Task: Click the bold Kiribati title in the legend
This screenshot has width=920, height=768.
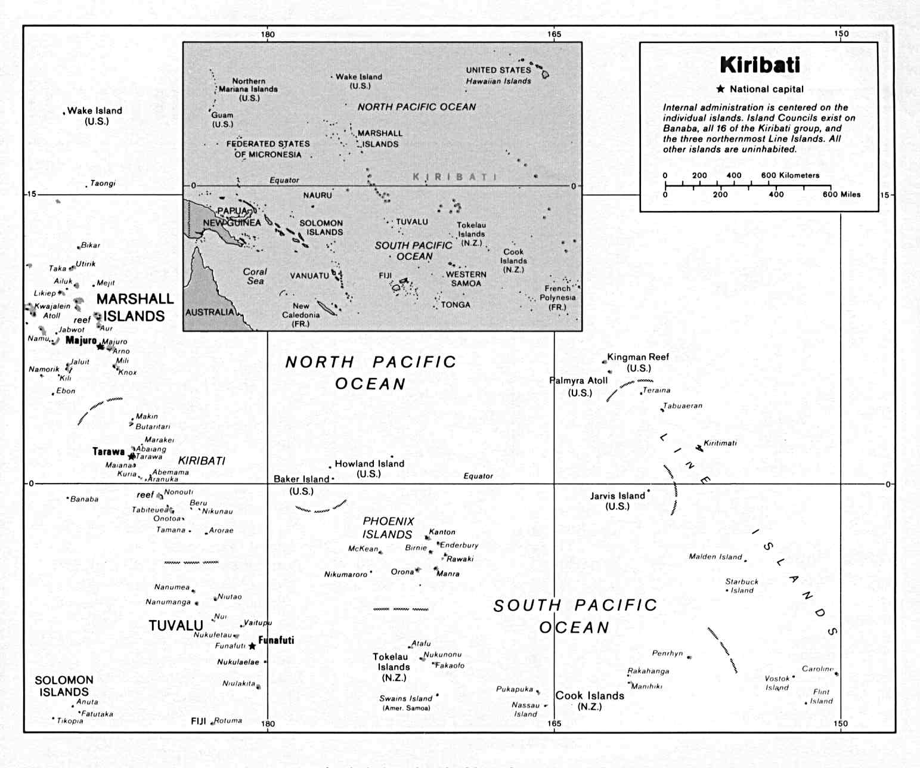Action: tap(760, 65)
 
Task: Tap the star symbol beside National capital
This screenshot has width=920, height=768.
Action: tap(720, 89)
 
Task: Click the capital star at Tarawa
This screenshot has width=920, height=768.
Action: tap(132, 456)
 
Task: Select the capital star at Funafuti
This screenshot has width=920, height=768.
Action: tap(252, 646)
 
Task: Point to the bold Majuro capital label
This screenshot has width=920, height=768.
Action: tap(81, 340)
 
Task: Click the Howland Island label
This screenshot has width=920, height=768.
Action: tap(369, 464)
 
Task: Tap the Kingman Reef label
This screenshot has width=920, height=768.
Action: tap(638, 357)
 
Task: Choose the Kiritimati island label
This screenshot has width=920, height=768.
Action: tap(720, 443)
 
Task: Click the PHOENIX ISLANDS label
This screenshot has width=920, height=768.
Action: tap(388, 528)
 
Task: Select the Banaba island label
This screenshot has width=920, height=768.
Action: tap(84, 499)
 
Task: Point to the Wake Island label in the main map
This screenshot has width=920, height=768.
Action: tap(95, 111)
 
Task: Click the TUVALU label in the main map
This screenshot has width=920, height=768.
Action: tap(176, 625)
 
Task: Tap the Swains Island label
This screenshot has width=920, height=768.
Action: tap(406, 698)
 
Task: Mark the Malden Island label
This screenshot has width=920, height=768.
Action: tap(715, 556)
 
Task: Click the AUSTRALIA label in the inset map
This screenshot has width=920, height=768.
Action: tap(210, 312)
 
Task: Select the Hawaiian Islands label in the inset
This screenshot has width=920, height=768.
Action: tap(498, 81)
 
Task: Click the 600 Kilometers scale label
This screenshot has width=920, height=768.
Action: tap(790, 175)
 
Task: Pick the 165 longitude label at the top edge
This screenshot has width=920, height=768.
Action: tap(554, 34)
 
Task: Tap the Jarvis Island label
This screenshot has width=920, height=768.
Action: tap(618, 496)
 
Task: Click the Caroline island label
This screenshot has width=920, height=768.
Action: tap(817, 668)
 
